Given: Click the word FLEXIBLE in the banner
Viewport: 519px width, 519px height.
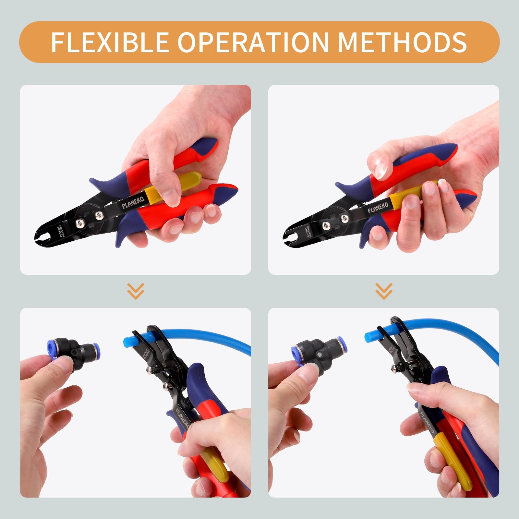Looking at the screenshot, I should tap(110, 42).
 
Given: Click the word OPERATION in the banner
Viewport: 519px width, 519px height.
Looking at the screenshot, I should tap(253, 42).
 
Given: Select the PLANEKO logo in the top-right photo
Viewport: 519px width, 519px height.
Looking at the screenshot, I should tap(378, 208).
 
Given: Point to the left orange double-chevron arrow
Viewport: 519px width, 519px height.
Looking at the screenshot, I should tap(136, 291).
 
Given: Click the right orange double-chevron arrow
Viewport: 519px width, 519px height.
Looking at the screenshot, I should tap(384, 291).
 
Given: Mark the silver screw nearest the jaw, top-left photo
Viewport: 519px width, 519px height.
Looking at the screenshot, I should tap(79, 222).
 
